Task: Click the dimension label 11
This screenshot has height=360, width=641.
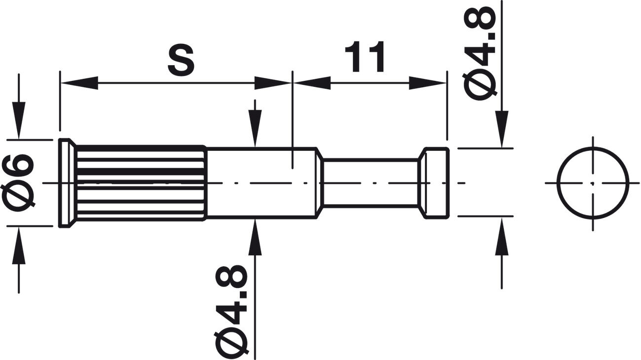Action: tap(365, 57)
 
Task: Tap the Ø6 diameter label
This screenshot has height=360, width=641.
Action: tap(19, 183)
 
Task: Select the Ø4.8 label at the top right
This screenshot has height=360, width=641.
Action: tap(479, 53)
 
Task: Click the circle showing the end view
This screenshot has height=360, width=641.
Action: tap(593, 183)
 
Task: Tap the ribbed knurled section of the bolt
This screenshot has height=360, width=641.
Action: tap(141, 183)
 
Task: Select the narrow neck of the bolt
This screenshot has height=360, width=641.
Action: tap(370, 183)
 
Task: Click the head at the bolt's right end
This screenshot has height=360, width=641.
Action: tap(434, 183)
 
